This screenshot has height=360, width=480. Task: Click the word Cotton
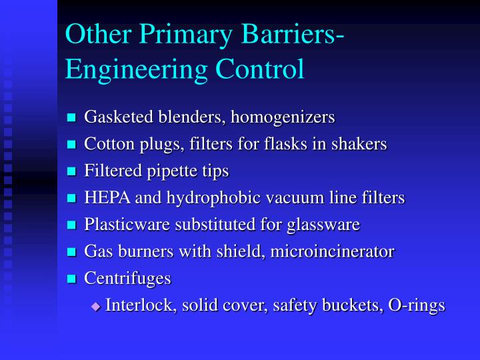click(105, 144)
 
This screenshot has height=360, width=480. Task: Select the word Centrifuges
click(127, 279)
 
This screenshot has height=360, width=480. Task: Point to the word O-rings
click(418, 306)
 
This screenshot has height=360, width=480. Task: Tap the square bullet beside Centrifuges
click(73, 279)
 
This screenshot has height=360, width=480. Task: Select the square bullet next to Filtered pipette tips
click(73, 172)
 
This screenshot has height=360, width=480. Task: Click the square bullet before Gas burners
click(73, 252)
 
